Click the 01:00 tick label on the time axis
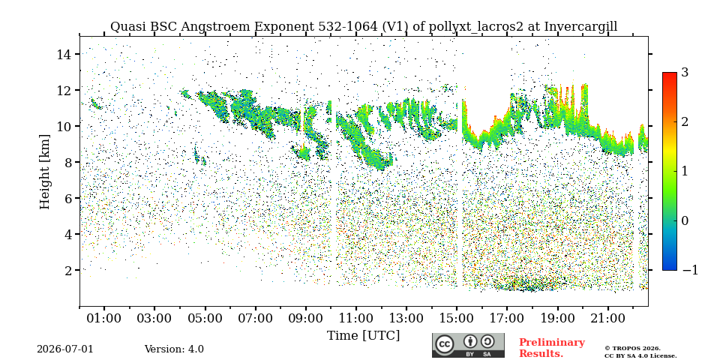point(104,318)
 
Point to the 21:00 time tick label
point(608,318)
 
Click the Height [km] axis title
point(44,172)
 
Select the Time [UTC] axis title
point(363,336)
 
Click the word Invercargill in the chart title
point(580,27)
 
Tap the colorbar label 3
point(685,73)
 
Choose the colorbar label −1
point(690,270)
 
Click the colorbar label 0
point(685,220)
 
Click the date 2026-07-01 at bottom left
point(65,349)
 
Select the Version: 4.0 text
point(174,349)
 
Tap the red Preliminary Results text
point(552,348)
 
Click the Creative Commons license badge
point(468,345)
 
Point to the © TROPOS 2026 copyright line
point(632,349)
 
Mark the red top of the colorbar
point(670,74)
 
